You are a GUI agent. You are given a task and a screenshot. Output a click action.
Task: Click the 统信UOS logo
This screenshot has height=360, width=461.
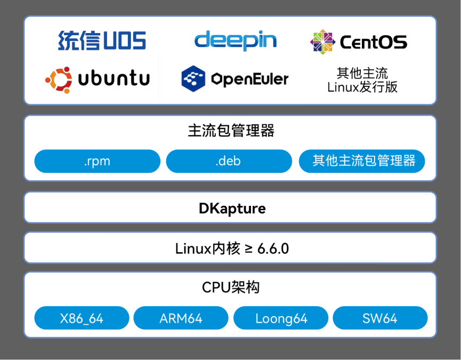102,41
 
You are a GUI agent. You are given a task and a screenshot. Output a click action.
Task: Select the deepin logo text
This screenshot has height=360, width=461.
235,40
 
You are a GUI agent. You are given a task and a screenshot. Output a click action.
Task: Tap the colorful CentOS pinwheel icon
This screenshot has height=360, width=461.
322,42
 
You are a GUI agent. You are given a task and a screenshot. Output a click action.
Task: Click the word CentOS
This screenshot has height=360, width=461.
373,42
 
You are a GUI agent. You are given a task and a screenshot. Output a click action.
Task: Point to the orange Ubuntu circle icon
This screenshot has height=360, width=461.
59,79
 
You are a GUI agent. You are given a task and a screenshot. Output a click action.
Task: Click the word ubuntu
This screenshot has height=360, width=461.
114,79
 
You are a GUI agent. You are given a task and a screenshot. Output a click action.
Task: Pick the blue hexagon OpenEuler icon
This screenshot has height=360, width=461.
193,79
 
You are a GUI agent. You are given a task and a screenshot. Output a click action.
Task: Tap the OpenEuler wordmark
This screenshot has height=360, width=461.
249,79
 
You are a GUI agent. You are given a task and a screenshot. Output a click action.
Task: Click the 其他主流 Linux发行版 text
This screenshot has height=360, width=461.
362,80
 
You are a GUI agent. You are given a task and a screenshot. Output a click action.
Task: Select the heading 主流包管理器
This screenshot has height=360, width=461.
231,131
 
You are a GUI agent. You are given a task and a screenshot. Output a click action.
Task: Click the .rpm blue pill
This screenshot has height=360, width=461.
97,161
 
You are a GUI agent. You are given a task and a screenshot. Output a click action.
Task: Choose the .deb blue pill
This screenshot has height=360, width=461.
229,161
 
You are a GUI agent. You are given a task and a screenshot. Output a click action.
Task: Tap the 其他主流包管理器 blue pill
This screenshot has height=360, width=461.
362,161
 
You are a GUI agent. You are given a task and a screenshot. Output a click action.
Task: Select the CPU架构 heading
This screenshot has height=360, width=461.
231,288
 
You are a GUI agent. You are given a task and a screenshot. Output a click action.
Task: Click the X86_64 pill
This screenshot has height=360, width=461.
82,318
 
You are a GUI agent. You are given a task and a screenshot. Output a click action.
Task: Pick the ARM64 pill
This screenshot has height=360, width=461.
181,318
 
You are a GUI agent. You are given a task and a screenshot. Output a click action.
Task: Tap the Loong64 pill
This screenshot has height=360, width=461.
281,318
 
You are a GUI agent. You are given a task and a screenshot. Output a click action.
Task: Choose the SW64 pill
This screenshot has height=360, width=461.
380,318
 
